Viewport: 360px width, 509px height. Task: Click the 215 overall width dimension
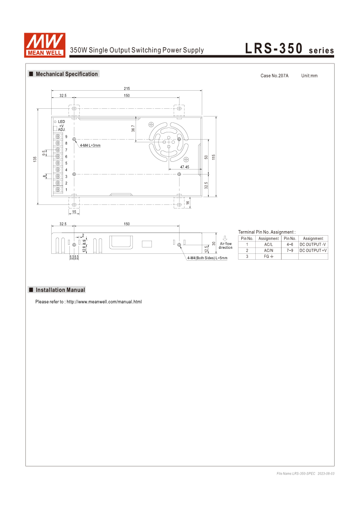126,88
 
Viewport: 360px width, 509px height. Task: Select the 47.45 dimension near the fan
184,167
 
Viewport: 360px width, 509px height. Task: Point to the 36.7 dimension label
133,129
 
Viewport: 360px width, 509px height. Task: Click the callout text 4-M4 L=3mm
90,145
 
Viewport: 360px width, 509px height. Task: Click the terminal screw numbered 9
58,136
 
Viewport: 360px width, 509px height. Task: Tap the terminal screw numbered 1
58,189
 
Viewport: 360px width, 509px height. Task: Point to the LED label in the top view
61,121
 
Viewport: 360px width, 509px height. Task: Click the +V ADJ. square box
55,128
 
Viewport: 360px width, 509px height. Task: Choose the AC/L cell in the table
268,244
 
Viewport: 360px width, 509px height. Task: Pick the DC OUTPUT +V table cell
313,250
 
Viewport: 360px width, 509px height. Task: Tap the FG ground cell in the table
268,257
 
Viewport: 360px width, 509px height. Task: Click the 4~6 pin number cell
290,244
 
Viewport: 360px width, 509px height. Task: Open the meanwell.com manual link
104,302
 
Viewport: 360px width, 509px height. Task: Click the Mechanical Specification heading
66,74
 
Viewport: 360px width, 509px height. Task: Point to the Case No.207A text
274,76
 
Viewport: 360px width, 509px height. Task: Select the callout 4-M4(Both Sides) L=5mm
207,258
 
